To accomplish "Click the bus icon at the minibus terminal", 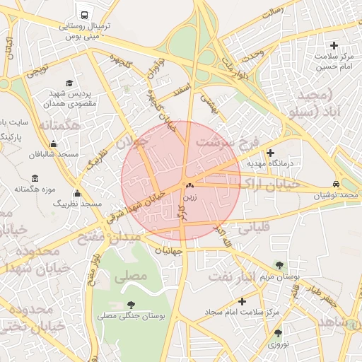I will tap(85, 14).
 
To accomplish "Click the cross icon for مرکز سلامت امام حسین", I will tap(334, 45).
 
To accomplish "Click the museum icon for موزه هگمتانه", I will tap(35, 178).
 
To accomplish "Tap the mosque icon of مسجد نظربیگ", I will tap(77, 194).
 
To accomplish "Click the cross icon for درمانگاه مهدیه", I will tap(270, 153).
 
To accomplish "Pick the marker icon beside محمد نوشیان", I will tap(335, 182).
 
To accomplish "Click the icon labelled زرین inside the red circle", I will tap(189, 186).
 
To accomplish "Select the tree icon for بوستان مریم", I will tap(280, 264).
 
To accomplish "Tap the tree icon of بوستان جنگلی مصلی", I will tap(131, 305).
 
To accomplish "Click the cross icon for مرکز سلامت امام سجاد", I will tap(243, 301).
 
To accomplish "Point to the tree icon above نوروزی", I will tap(277, 332).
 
